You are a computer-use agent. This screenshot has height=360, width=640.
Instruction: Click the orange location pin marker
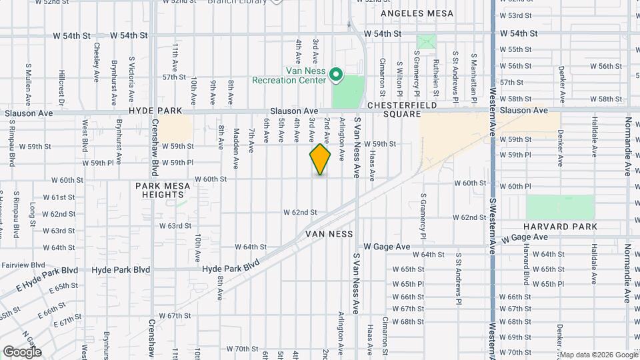click(320, 159)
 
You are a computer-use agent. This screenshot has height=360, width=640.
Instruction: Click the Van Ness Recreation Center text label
click(288, 75)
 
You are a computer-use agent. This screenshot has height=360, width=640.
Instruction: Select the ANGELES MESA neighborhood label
click(417, 13)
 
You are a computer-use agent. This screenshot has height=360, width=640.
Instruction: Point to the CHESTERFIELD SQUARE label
click(401, 110)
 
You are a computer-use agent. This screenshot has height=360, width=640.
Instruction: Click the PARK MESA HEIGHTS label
click(159, 190)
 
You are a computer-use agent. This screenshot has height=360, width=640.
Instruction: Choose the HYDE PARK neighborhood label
click(151, 111)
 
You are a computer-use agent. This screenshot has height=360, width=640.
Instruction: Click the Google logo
click(22, 351)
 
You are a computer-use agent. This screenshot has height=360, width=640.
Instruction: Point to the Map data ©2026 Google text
click(598, 355)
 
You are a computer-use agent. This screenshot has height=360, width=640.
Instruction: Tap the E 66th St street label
click(51, 311)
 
